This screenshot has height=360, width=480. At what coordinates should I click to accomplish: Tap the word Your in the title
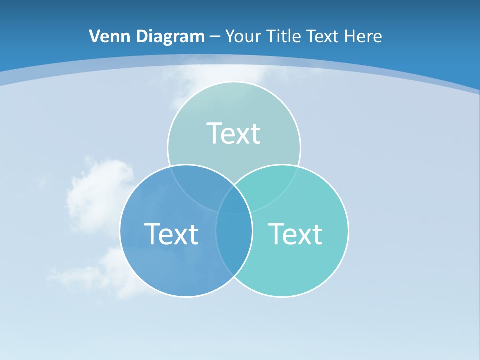(x=244, y=36)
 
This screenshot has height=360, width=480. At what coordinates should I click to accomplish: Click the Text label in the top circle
(x=234, y=133)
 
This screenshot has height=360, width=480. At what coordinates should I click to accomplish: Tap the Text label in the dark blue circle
(x=171, y=234)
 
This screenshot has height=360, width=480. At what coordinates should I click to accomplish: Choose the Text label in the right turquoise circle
(x=295, y=234)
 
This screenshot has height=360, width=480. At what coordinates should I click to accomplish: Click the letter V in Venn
(x=95, y=36)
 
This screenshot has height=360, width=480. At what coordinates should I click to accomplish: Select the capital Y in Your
(x=230, y=36)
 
